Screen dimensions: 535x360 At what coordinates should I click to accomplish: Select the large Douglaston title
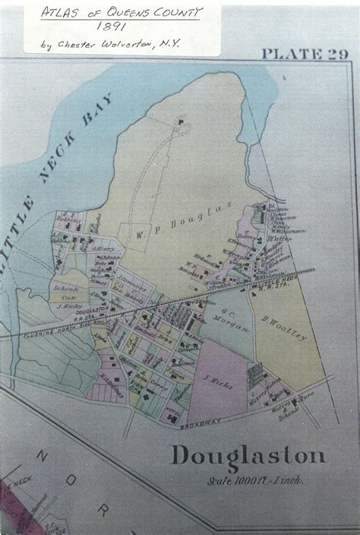[x=248, y=456]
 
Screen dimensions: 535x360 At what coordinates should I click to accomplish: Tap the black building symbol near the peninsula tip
[x=182, y=120]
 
